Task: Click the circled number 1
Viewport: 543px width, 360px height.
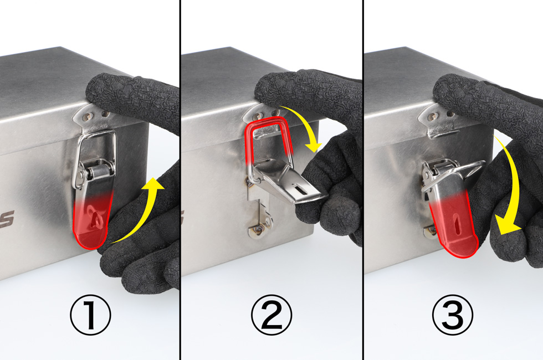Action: pos(90,315)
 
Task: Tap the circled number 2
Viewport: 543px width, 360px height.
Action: pos(271,315)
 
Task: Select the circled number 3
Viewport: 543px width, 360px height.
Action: pos(453,315)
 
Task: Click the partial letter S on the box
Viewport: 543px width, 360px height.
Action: pos(7,219)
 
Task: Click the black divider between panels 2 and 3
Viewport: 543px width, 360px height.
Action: pos(363,180)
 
